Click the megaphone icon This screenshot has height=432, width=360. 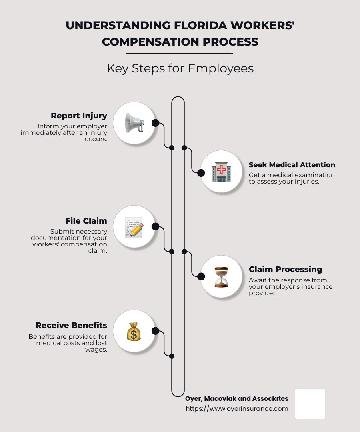(x=134, y=123)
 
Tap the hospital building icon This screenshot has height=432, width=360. (x=221, y=172)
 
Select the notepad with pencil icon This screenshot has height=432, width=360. (x=134, y=227)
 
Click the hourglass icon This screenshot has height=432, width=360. (x=221, y=277)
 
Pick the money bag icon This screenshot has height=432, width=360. (x=134, y=331)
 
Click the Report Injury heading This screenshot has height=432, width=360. (x=79, y=116)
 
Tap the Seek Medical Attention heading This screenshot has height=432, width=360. (x=292, y=165)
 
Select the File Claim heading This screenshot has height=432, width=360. (x=86, y=221)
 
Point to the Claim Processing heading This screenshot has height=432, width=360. (x=285, y=269)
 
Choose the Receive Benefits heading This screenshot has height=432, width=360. (x=71, y=325)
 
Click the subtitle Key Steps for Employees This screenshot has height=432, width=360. (x=180, y=68)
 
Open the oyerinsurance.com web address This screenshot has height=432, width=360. (x=237, y=408)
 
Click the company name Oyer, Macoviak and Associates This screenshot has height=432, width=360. (x=236, y=398)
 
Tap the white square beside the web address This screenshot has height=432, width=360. (x=310, y=404)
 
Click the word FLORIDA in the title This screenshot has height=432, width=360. (x=204, y=26)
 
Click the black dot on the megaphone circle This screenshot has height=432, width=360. (x=156, y=123)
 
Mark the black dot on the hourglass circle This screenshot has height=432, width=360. (x=201, y=276)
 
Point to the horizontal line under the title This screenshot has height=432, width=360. (x=179, y=53)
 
